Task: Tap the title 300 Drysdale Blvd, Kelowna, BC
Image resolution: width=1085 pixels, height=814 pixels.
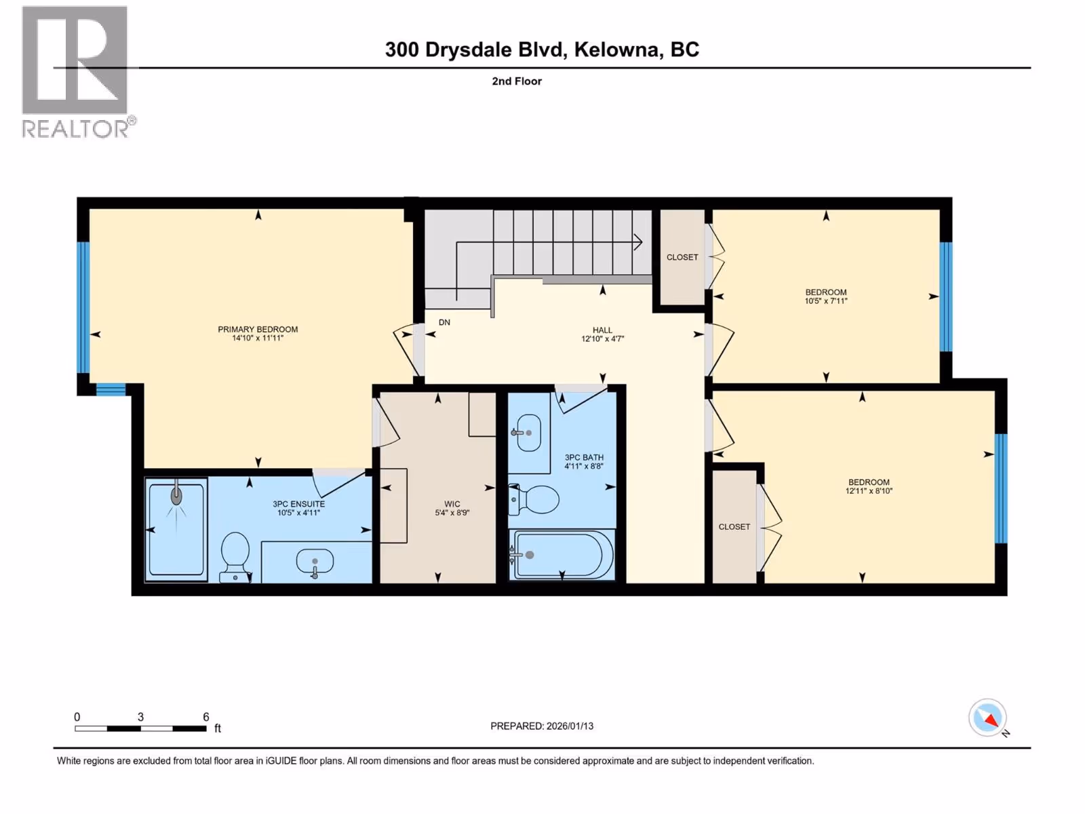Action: pyautogui.click(x=542, y=50)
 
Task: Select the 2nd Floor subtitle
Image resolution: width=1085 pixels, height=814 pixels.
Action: pyautogui.click(x=517, y=81)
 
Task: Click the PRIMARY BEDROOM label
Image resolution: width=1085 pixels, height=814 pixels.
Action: pyautogui.click(x=258, y=329)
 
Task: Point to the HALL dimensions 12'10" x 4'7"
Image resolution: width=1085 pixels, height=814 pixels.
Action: pyautogui.click(x=603, y=339)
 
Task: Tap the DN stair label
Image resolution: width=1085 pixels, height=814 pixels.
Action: pyautogui.click(x=444, y=322)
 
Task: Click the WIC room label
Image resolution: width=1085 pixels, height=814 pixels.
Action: pyautogui.click(x=452, y=504)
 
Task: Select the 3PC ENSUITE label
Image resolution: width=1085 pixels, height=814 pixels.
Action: pyautogui.click(x=298, y=504)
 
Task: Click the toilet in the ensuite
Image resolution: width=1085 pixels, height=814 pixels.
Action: pyautogui.click(x=235, y=557)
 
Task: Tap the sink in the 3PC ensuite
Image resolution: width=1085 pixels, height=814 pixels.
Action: pyautogui.click(x=315, y=562)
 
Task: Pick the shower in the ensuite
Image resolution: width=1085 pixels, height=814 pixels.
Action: pyautogui.click(x=176, y=529)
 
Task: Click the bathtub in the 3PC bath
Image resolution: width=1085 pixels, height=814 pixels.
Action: pyautogui.click(x=562, y=554)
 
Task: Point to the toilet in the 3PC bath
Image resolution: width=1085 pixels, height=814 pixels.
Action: pyautogui.click(x=534, y=499)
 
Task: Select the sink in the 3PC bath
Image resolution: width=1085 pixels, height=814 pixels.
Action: pyautogui.click(x=528, y=433)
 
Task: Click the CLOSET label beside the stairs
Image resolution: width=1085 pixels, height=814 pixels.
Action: pyautogui.click(x=682, y=258)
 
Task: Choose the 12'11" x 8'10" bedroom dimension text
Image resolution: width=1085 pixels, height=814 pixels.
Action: pyautogui.click(x=869, y=490)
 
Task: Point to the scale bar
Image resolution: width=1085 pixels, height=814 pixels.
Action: pyautogui.click(x=141, y=729)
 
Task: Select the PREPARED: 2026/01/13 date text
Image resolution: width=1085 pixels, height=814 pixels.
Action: pyautogui.click(x=542, y=726)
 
